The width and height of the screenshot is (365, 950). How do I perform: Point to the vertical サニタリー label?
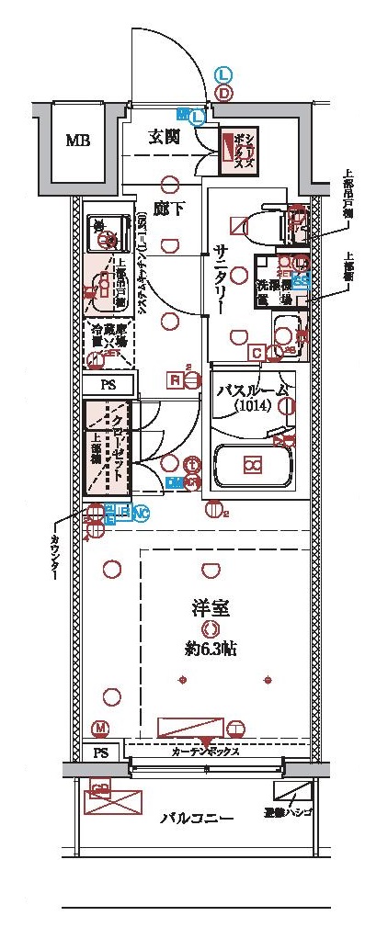pos(224,276)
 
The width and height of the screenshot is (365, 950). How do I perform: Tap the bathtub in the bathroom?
pos(251,467)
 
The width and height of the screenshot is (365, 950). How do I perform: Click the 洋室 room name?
pos(211,607)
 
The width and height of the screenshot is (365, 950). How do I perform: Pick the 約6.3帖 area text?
pos(211,649)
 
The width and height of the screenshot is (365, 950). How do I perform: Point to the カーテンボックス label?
pos(206,751)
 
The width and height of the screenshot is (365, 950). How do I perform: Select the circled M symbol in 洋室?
pos(100,729)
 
